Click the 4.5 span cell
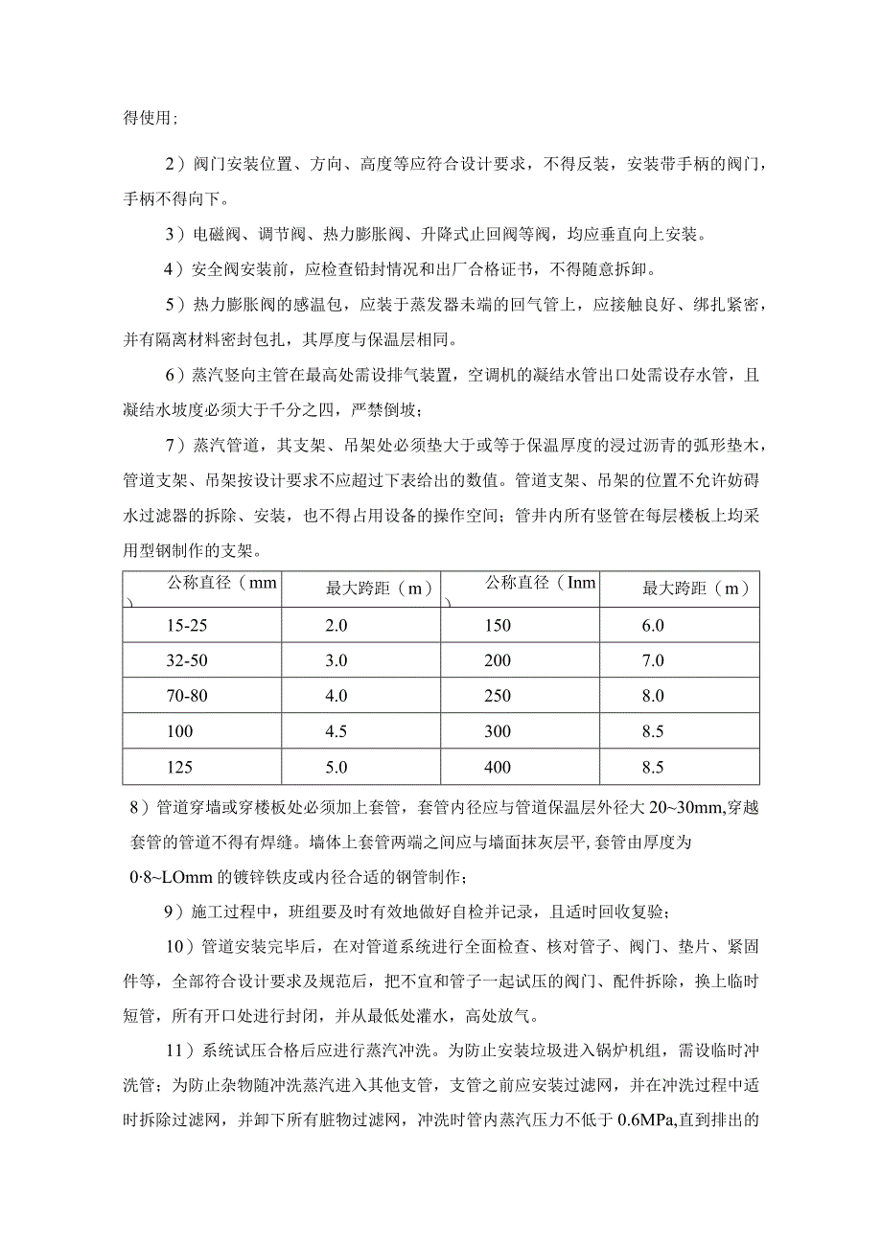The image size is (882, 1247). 337,732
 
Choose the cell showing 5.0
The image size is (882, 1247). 337,768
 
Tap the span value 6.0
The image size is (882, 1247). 653,626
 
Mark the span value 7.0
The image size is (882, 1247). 653,661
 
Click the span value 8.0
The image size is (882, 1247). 653,697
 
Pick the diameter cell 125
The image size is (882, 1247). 178,768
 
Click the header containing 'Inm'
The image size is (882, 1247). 542,583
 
